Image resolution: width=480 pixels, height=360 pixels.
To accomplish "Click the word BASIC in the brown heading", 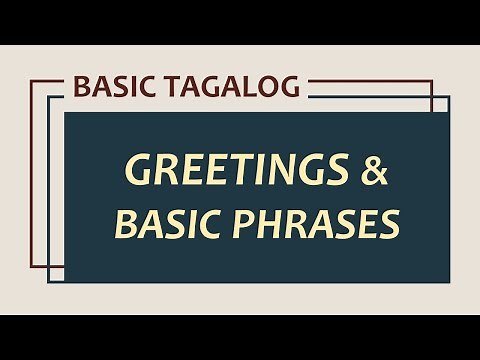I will [x=111, y=87].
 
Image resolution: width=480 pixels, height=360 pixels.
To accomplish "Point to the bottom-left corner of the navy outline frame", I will [x=48, y=281].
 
